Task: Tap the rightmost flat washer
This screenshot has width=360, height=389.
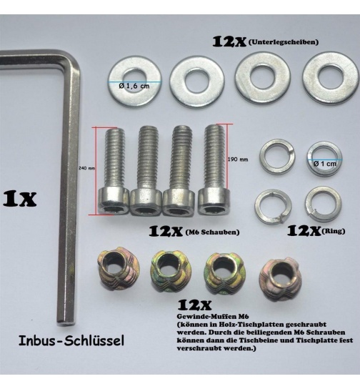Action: tap(330, 78)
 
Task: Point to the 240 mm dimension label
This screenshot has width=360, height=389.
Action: tap(86, 169)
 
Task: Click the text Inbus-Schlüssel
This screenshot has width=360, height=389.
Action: tap(71, 340)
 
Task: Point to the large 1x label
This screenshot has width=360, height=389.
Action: tap(19, 198)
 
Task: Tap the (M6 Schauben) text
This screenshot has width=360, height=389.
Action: tap(212, 232)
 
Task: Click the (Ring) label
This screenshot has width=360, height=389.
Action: tap(334, 231)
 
